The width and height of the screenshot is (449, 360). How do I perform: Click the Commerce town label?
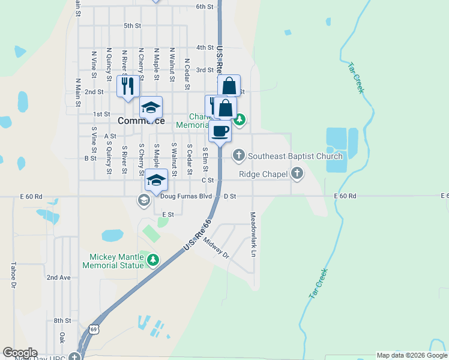click(x=141, y=121)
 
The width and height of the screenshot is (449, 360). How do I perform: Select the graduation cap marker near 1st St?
click(x=151, y=107)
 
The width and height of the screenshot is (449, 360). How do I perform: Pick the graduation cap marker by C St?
click(x=156, y=180)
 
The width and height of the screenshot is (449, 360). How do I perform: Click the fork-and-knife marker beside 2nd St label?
click(x=127, y=86)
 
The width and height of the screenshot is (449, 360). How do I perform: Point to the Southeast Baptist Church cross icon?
click(x=239, y=156)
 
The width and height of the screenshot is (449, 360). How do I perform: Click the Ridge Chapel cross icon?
click(x=297, y=175)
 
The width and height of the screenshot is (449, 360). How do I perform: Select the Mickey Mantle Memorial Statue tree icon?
click(x=153, y=260)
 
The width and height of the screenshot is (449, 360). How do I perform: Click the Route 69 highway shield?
click(x=94, y=328)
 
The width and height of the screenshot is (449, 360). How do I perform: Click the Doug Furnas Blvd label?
click(x=186, y=196)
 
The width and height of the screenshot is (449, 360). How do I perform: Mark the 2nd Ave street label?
click(x=59, y=278)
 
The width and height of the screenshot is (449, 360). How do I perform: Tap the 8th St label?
click(x=62, y=321)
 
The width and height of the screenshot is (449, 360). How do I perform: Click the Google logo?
click(x=20, y=353)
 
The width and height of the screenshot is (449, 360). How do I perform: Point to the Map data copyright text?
click(x=412, y=355)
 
